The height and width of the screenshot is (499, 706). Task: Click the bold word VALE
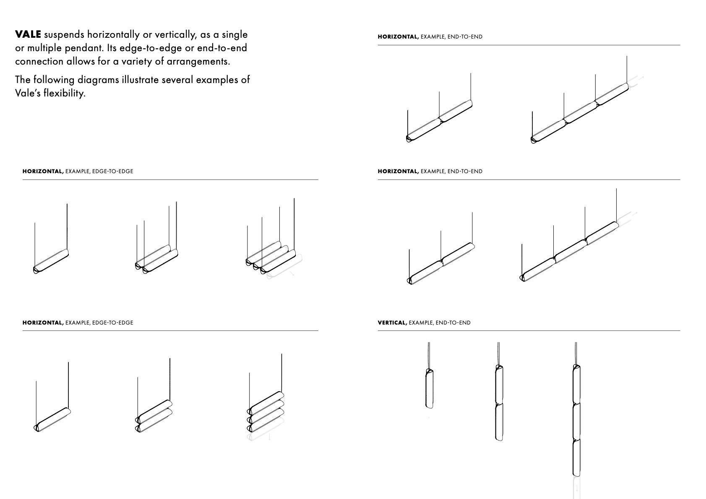click(x=28, y=34)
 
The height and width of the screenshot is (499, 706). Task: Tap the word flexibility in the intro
click(x=64, y=93)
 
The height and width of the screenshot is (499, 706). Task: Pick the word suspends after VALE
click(x=64, y=34)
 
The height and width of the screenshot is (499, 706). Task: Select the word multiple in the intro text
click(x=42, y=48)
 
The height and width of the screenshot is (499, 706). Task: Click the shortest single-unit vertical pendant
click(x=429, y=388)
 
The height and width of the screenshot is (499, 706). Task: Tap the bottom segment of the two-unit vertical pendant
click(x=499, y=422)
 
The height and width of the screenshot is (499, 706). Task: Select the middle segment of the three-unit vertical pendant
click(x=577, y=421)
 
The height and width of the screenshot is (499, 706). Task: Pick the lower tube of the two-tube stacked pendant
click(x=154, y=421)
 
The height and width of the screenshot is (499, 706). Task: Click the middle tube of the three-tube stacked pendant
click(x=266, y=411)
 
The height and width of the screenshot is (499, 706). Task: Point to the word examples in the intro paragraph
click(x=212, y=80)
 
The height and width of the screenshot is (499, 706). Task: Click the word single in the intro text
click(x=234, y=34)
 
